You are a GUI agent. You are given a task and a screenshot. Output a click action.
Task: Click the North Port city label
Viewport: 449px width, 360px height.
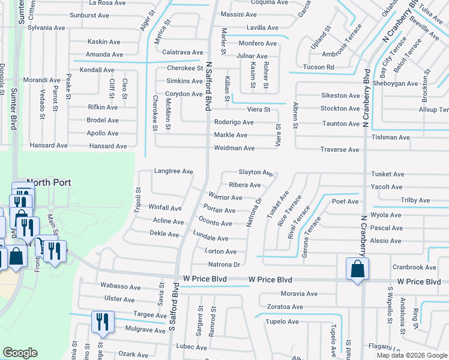pos(49,182)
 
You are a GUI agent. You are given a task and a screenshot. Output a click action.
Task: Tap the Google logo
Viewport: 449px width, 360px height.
pos(20,353)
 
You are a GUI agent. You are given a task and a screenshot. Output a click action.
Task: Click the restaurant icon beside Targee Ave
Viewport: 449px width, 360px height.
pos(102,322)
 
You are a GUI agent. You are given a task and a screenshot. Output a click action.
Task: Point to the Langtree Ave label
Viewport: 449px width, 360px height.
pos(173,172)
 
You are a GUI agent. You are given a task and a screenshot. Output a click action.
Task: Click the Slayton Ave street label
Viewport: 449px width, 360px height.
pos(256,172)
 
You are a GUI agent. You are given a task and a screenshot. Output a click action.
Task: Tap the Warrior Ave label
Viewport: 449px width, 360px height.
pos(225,197)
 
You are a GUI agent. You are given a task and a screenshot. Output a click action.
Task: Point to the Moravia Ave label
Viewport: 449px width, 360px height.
pos(299,294)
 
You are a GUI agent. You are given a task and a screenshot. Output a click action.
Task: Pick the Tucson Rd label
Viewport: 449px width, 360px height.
pos(318,67)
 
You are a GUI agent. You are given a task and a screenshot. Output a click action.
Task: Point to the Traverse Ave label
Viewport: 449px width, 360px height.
pos(339,149)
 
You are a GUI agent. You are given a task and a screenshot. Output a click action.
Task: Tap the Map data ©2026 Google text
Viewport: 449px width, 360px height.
pos(412,355)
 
